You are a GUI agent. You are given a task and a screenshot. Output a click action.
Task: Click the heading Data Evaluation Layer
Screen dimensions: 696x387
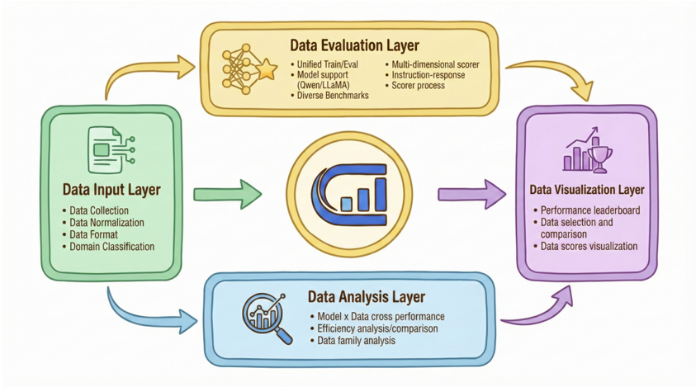(x=354, y=45)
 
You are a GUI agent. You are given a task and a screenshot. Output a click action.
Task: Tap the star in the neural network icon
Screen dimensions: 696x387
(x=267, y=70)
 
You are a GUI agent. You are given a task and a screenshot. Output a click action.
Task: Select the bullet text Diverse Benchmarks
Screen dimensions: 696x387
(x=333, y=96)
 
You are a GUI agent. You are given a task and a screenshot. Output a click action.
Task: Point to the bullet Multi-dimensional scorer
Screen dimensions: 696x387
(x=435, y=64)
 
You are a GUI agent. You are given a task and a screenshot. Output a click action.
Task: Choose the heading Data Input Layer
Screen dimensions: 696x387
(x=111, y=190)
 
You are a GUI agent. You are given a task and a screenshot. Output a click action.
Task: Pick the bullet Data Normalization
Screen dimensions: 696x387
(x=107, y=222)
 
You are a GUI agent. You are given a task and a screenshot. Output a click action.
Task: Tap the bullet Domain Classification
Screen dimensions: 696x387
(x=111, y=247)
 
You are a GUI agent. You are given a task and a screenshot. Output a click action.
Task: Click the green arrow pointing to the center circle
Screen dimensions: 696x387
(x=227, y=195)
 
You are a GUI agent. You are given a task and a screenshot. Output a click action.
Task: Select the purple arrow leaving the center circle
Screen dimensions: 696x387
(x=471, y=195)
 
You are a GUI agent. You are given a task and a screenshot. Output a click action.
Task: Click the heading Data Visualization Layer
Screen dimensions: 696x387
(x=587, y=190)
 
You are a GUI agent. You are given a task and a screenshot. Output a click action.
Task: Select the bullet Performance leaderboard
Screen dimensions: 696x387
(x=590, y=210)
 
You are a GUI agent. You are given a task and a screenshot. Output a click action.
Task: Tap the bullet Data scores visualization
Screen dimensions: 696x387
(x=589, y=246)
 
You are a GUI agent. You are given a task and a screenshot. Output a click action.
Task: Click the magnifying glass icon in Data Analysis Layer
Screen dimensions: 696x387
(x=268, y=319)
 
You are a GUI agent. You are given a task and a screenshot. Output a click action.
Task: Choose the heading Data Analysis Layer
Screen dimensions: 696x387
(x=367, y=296)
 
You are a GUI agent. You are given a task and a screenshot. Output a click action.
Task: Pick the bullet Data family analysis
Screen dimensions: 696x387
(x=356, y=341)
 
